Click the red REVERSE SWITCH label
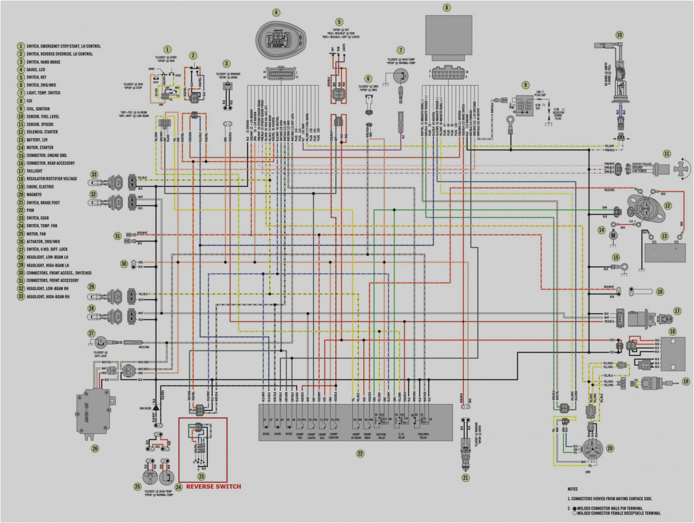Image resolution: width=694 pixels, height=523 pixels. click(213, 487)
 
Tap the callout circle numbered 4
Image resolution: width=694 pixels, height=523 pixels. click(276, 12)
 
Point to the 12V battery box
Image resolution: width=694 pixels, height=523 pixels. click(665, 252)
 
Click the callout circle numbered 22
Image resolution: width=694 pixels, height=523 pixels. click(360, 453)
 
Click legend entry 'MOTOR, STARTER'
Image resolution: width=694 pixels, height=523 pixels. click(40, 147)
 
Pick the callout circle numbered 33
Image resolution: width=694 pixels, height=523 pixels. click(94, 174)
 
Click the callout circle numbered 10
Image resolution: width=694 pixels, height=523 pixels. click(619, 34)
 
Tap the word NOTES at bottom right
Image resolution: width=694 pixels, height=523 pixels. click(573, 489)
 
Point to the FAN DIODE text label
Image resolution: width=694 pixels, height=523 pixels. click(145, 408)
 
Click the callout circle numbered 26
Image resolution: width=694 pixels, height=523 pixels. click(95, 449)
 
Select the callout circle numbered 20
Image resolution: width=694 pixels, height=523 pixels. click(610, 448)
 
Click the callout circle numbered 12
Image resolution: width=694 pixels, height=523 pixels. click(668, 206)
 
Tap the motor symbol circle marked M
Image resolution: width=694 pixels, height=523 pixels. click(614, 235)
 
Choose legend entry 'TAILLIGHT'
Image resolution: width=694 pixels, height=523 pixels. click(34, 171)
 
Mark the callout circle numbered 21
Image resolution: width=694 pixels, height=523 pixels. click(465, 478)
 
